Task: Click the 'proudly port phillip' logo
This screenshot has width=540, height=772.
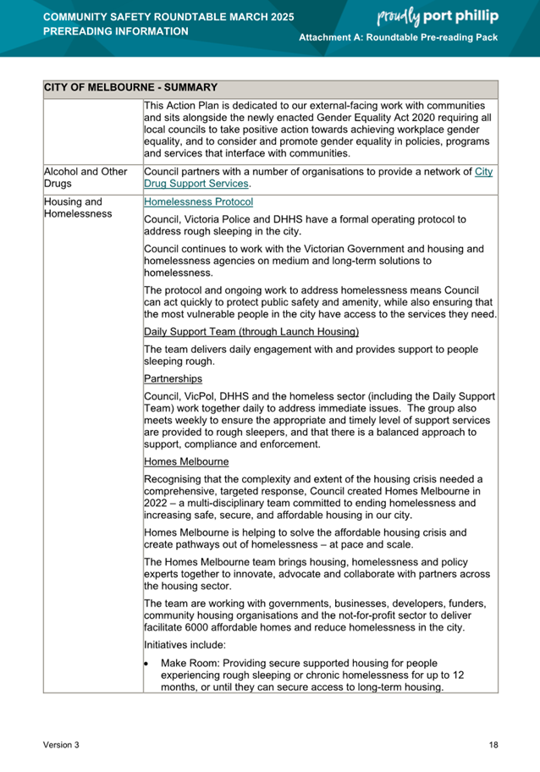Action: tap(437, 16)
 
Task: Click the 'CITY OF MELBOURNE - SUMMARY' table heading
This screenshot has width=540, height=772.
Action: tap(130, 88)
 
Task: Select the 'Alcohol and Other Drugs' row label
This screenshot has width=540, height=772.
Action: tap(85, 178)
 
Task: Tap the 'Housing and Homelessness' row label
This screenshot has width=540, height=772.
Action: tap(78, 208)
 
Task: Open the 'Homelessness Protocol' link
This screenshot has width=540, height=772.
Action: tap(198, 203)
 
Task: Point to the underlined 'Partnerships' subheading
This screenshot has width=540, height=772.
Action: tap(174, 378)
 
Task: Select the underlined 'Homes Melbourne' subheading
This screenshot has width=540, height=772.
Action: tap(186, 462)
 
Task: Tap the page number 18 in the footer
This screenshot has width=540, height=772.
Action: tap(493, 745)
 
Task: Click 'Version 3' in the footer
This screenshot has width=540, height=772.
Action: tap(62, 745)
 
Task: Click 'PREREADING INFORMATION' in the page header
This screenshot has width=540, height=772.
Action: tap(115, 31)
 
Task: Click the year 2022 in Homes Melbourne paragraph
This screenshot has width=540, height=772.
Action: tap(157, 504)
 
